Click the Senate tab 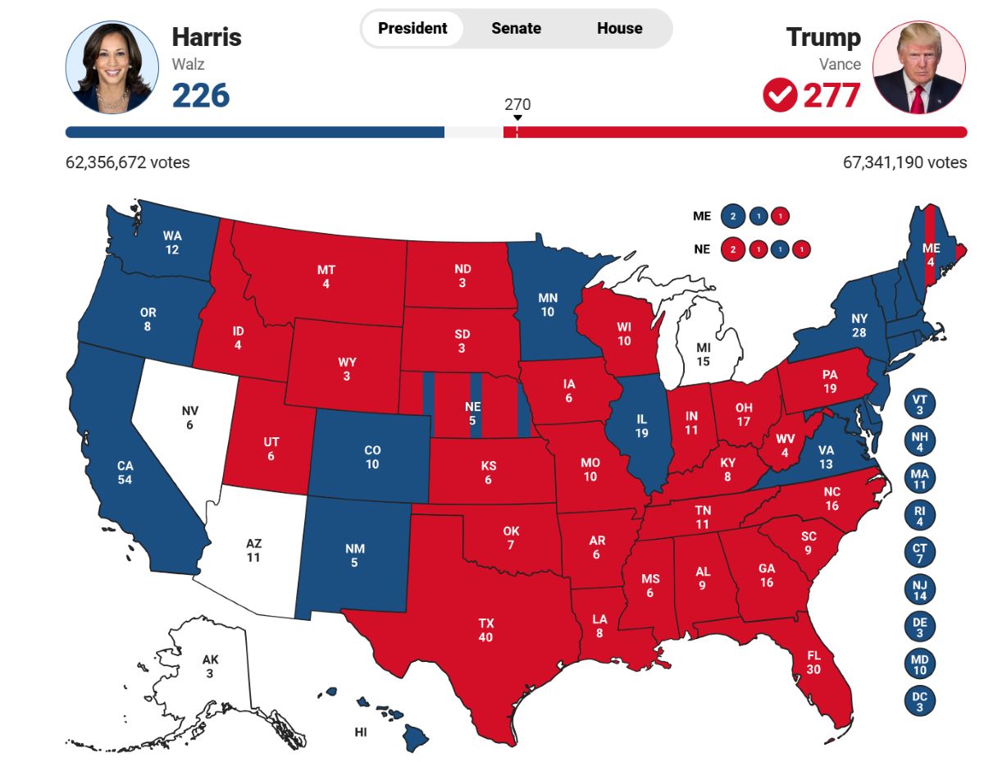coord(516,29)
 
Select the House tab coord(619,29)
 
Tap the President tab coord(412,29)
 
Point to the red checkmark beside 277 coord(779,95)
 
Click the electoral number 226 coord(201,95)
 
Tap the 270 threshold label coord(517,105)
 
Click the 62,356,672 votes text coord(128,162)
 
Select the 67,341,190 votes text coord(904,162)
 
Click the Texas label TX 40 coord(486,630)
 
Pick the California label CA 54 coord(125,472)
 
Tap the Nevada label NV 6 coord(190,418)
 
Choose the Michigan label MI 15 coord(703,354)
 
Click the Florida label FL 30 coord(813,662)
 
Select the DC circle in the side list coord(919,700)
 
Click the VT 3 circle coord(919,404)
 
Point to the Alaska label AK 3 coord(211,666)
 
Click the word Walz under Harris coord(187,64)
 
